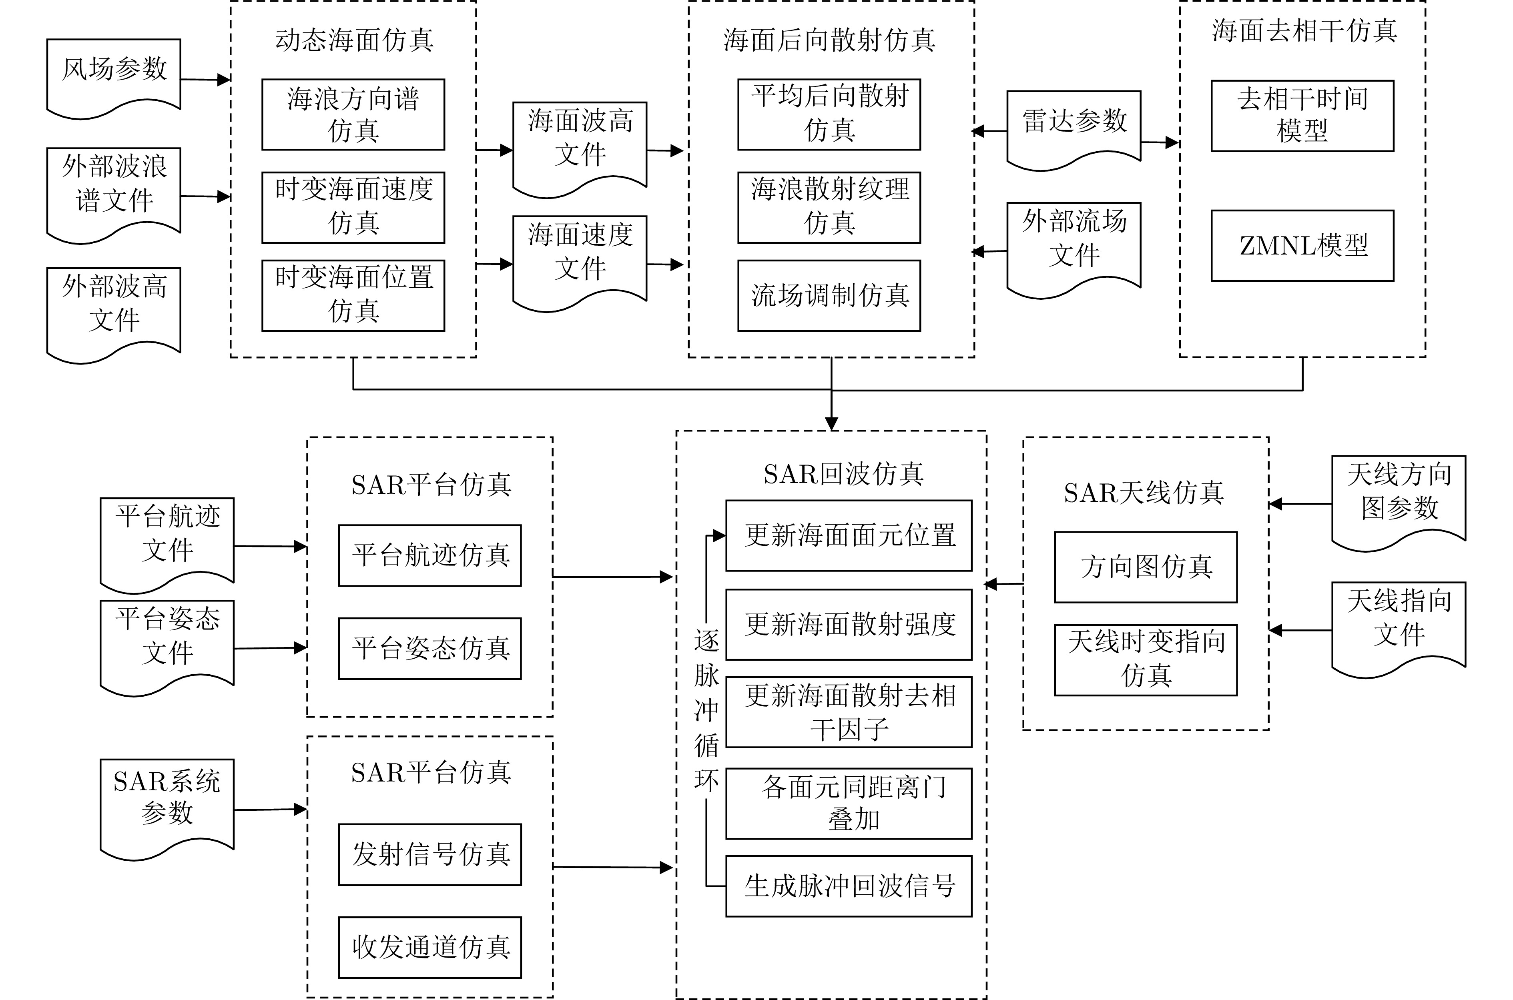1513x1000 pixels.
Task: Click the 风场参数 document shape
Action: coord(114,73)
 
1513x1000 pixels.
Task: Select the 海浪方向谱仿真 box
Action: coord(353,115)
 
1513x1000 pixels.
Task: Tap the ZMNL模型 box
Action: coord(1302,246)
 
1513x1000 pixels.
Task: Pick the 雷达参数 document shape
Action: coord(1074,124)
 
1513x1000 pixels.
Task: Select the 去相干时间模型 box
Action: coord(1302,115)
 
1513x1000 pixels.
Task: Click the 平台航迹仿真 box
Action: coord(429,555)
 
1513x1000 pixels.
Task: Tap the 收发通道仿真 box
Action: coord(429,947)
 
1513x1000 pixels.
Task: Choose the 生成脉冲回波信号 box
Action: coord(848,886)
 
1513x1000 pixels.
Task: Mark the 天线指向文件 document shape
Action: coord(1398,622)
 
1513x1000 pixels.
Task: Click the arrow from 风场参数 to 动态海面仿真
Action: coord(205,80)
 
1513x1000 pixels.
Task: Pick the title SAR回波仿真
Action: coord(843,474)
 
